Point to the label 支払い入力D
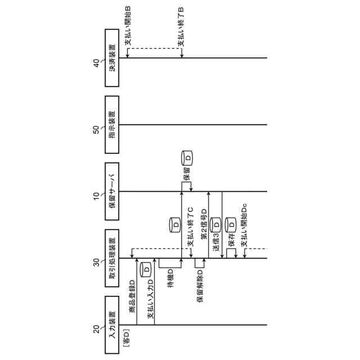(x=150, y=301)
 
